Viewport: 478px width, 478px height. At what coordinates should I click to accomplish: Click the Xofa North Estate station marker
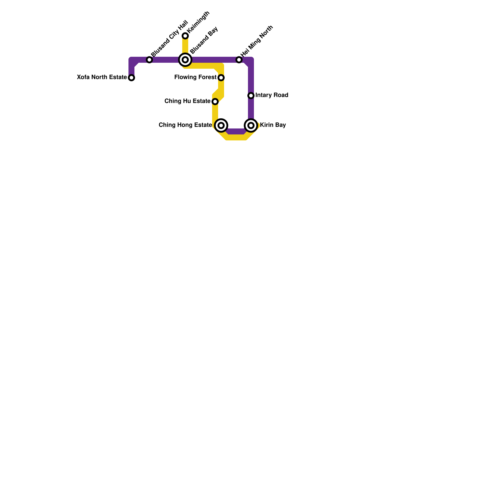(x=131, y=78)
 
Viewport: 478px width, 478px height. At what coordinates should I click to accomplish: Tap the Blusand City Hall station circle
(x=149, y=60)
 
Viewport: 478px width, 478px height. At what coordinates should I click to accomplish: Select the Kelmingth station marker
(x=185, y=36)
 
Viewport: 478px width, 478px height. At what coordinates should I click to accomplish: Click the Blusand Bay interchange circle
(x=185, y=60)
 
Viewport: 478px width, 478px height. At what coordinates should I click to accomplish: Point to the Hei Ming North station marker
(x=239, y=60)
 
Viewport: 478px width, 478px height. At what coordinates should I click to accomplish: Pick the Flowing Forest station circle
(x=221, y=78)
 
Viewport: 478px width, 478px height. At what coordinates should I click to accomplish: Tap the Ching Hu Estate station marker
(x=215, y=102)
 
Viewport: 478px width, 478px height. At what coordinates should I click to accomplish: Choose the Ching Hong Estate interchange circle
(x=221, y=125)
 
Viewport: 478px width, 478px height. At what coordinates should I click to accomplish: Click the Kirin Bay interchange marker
(x=251, y=125)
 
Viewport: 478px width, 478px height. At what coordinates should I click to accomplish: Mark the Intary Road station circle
(x=251, y=96)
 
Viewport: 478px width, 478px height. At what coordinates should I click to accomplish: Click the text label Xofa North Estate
(x=102, y=77)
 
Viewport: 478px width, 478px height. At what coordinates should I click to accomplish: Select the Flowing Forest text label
(x=195, y=77)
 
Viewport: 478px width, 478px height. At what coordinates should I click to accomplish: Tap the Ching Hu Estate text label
(x=187, y=101)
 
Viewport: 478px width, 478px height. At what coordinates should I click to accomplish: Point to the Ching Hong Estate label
(x=185, y=125)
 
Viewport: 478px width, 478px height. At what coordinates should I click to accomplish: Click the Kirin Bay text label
(x=273, y=125)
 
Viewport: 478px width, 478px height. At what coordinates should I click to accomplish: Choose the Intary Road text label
(x=272, y=95)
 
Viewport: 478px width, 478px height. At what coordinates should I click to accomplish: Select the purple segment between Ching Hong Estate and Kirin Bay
(x=236, y=131)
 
